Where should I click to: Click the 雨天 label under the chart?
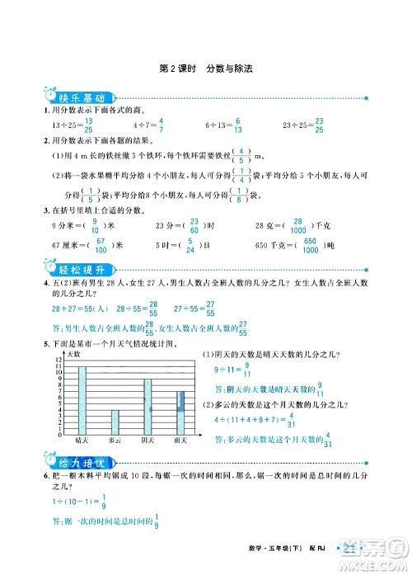click(x=180, y=443)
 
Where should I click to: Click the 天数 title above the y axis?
click(x=73, y=353)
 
